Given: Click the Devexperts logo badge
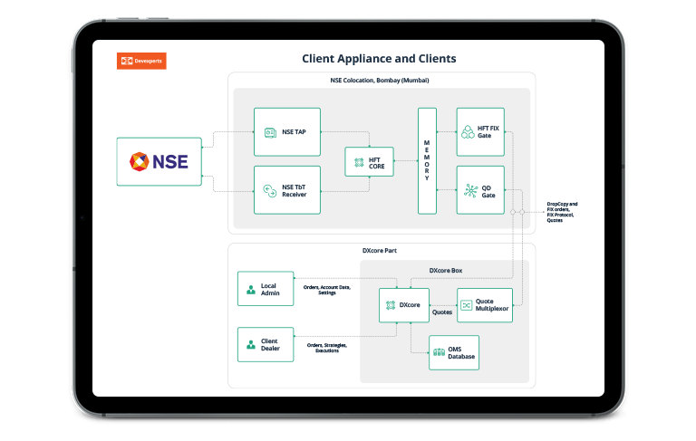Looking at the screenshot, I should [141, 62].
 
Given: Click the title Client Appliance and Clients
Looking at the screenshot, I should [379, 59].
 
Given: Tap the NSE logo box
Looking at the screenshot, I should [159, 161].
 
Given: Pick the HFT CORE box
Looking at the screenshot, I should [369, 161].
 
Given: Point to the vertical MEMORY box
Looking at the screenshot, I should [427, 160].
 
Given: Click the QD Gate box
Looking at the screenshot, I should [480, 189].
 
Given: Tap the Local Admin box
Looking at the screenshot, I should [265, 288].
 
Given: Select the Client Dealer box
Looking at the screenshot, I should [265, 344].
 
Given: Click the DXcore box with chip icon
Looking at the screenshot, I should [403, 305].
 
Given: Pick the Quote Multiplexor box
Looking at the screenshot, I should [484, 305].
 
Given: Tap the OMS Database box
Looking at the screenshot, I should [453, 352].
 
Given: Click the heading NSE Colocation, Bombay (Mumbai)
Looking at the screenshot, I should [380, 81].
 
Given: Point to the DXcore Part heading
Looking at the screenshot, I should [381, 251].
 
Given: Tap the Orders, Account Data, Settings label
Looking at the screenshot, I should [326, 290].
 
